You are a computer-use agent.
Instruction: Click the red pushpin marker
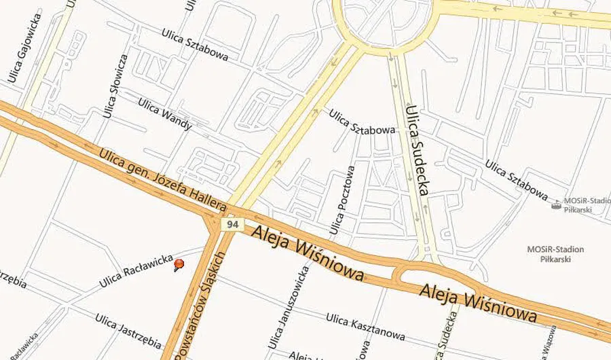click(x=179, y=264)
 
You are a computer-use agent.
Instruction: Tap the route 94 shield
click(x=234, y=224)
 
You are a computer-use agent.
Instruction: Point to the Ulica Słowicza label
click(x=113, y=86)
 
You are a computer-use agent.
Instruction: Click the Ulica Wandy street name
click(x=165, y=113)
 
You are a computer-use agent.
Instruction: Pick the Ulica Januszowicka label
click(x=286, y=307)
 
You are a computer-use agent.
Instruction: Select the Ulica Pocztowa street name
click(x=341, y=201)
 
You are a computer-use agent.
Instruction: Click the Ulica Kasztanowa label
click(x=365, y=327)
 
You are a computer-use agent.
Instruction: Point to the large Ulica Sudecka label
click(x=415, y=149)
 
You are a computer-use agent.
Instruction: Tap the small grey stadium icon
click(x=556, y=204)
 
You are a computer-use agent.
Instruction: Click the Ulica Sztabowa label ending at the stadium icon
click(x=516, y=180)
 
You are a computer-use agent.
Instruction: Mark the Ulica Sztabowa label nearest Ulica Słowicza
click(x=195, y=44)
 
